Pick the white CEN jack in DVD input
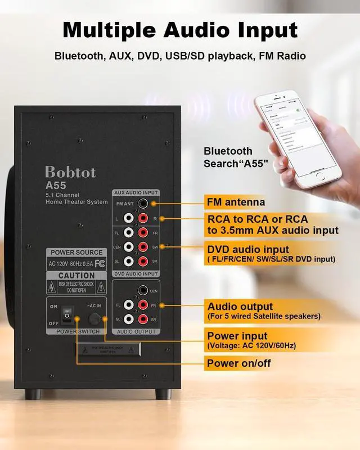pos(129,246)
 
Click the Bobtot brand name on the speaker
pos(71,172)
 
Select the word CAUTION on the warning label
pos(76,276)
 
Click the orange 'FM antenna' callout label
pos(236,202)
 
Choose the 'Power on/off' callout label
pos(239,363)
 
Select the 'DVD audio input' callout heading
pos(248,249)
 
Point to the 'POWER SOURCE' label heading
pos(76,253)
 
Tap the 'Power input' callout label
pos(235,336)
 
